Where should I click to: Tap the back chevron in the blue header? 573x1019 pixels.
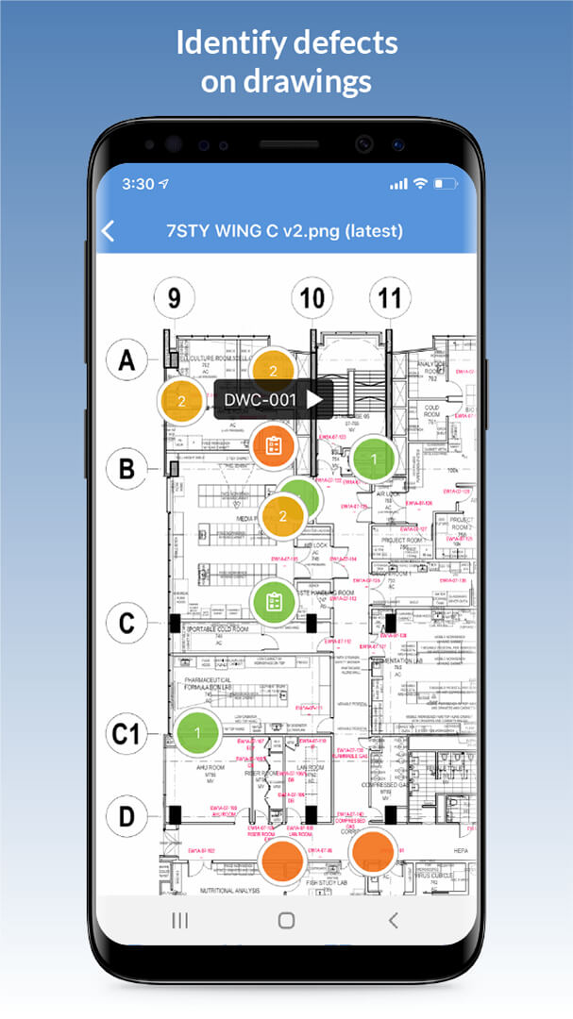pos(109,231)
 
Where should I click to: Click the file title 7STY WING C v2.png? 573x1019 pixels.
pos(284,231)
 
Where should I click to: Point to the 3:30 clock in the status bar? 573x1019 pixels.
pos(138,184)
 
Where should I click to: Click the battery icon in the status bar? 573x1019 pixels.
pos(443,184)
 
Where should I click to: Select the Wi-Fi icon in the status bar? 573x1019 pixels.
pos(420,184)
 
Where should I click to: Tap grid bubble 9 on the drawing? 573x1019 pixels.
pos(175,298)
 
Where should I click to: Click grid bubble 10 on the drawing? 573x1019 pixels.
pos(312,299)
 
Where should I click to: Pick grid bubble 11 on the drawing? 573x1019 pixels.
pos(389,299)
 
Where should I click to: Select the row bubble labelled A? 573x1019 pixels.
pos(127,359)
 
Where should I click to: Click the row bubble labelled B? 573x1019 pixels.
pos(127,467)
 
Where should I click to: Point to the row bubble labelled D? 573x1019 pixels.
pos(127,813)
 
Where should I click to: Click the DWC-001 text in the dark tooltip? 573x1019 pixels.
pos(261,400)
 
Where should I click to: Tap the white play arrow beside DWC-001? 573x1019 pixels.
pos(314,400)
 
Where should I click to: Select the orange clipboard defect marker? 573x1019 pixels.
pos(274,444)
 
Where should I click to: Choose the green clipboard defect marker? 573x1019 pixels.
pos(274,600)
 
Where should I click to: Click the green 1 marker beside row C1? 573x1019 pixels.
pos(197,732)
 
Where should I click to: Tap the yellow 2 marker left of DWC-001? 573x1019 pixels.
pos(181,401)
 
